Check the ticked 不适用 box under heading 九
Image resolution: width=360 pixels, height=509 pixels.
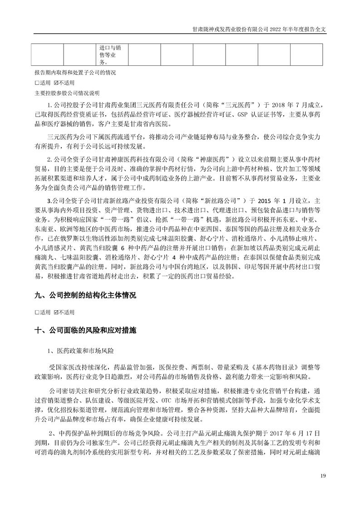coord(56,313)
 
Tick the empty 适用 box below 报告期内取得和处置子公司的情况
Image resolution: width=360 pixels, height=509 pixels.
coord(36,83)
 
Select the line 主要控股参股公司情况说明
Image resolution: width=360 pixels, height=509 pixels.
coord(66,93)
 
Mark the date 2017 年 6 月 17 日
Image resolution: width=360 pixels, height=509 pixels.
coord(296,430)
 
